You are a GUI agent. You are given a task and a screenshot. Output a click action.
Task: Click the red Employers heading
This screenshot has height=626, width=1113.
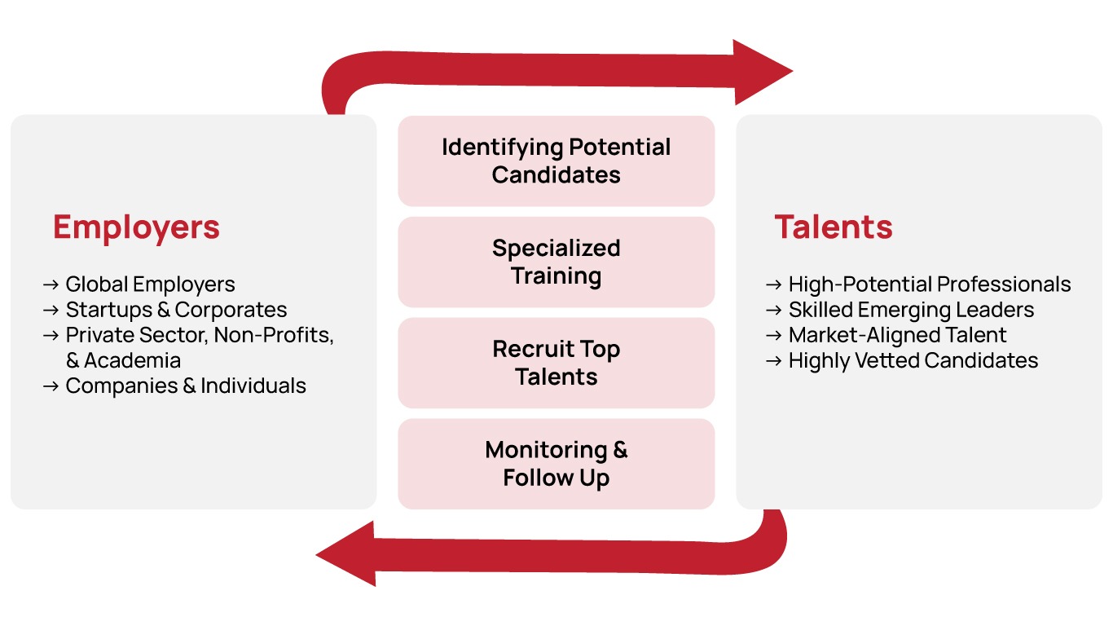[x=136, y=227]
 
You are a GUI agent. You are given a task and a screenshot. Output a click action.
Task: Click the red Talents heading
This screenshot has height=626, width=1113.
[x=833, y=227]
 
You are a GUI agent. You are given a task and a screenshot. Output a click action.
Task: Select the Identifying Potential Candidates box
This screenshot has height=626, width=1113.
[x=556, y=161]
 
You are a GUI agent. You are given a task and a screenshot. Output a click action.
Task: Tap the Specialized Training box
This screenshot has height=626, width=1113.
[x=556, y=262]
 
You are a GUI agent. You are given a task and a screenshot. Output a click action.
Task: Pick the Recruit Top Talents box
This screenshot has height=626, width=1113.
[x=556, y=363]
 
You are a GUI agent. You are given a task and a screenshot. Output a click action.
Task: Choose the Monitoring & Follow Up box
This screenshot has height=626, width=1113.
[x=556, y=464]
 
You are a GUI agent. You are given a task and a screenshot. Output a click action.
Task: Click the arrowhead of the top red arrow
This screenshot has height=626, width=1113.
[x=761, y=72]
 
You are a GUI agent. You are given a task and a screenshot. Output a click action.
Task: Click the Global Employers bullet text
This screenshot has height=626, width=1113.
[x=150, y=284]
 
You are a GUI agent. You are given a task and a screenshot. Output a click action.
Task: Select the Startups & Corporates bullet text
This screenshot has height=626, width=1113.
[x=176, y=310]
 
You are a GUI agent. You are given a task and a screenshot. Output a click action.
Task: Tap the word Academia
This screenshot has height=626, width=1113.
[x=132, y=360]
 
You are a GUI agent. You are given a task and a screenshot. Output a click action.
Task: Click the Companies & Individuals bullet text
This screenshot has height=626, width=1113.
[x=186, y=386]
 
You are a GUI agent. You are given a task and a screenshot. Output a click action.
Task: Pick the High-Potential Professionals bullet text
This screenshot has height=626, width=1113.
[x=929, y=284]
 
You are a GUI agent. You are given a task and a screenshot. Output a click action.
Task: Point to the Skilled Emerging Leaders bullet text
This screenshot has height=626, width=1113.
[x=911, y=310]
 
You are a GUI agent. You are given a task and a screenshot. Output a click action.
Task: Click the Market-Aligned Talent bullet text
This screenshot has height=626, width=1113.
[x=897, y=335]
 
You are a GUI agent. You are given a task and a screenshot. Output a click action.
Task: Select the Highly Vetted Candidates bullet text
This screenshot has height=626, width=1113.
[x=913, y=360]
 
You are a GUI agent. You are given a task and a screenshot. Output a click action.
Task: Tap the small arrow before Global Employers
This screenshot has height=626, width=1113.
[x=51, y=284]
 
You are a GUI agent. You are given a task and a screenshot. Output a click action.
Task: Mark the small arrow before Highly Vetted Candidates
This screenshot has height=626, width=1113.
[x=774, y=360]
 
